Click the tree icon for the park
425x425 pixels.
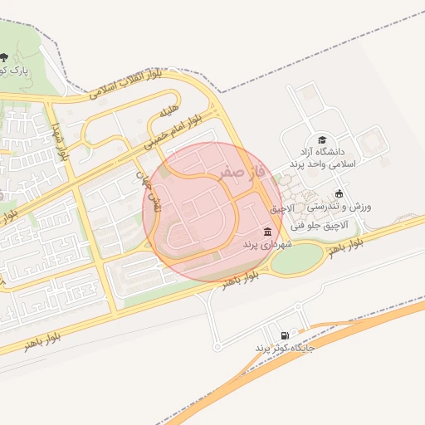coord(5,56)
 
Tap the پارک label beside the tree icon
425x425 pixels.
coord(14,71)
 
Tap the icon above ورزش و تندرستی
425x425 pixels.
coord(339,193)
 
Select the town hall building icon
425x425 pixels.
coord(267,232)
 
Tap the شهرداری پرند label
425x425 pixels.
coord(265,247)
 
